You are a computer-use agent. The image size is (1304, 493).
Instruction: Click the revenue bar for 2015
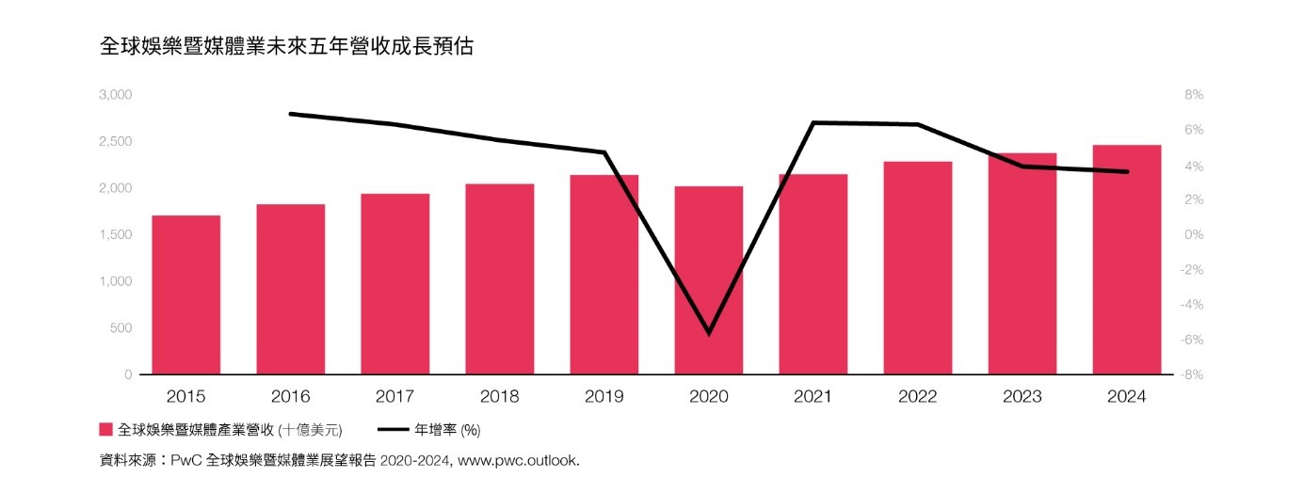pyautogui.click(x=186, y=294)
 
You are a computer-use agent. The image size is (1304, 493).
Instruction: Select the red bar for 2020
pyautogui.click(x=708, y=280)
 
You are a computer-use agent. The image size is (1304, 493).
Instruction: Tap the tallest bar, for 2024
pyautogui.click(x=1127, y=260)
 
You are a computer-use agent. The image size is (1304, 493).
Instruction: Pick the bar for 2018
pyautogui.click(x=499, y=278)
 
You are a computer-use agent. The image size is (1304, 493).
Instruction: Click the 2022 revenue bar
pyautogui.click(x=918, y=268)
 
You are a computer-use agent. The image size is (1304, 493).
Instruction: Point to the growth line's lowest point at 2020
pyautogui.click(x=708, y=333)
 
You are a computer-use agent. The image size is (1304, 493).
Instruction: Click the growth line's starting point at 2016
pyautogui.click(x=291, y=114)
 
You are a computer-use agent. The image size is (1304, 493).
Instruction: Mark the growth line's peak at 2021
pyautogui.click(x=813, y=122)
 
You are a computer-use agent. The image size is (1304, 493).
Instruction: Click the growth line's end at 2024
pyautogui.click(x=1127, y=171)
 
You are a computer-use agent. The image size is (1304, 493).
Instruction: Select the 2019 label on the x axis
pyautogui.click(x=604, y=397)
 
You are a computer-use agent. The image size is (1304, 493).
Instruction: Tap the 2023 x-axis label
pyautogui.click(x=1022, y=397)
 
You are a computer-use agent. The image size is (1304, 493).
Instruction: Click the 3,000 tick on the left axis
pyautogui.click(x=115, y=95)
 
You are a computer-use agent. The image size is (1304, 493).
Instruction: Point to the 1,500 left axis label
pyautogui.click(x=115, y=235)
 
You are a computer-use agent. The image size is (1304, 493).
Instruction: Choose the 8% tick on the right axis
pyautogui.click(x=1194, y=95)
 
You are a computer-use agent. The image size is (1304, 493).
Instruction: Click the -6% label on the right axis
pyautogui.click(x=1192, y=340)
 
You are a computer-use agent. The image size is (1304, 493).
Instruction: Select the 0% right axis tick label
pyautogui.click(x=1194, y=235)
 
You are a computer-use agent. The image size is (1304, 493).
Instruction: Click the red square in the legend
pyautogui.click(x=106, y=430)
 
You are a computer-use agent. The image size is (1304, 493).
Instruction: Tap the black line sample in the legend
pyautogui.click(x=393, y=430)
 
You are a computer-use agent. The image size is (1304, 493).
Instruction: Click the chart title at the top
pyautogui.click(x=286, y=47)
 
